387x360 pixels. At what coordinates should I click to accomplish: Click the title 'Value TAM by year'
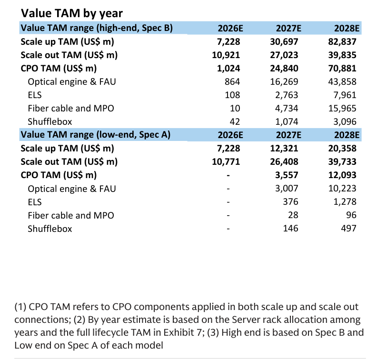click(71, 13)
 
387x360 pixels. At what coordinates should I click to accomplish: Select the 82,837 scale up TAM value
click(342, 42)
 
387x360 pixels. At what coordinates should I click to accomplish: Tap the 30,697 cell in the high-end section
click(284, 42)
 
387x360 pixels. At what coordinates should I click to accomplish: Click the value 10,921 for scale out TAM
click(226, 55)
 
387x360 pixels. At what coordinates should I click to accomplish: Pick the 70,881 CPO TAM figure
click(342, 69)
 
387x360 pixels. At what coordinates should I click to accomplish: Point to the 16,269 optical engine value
click(284, 82)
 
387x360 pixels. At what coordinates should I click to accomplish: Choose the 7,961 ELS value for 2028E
click(345, 95)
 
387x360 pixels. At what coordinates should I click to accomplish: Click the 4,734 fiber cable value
click(287, 109)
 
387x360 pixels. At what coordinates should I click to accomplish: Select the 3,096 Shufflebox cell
click(345, 122)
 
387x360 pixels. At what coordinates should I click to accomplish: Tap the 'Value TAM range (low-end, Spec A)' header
click(96, 135)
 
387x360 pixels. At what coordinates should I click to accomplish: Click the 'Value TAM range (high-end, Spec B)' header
click(97, 28)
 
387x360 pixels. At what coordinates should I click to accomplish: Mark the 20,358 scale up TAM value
click(342, 149)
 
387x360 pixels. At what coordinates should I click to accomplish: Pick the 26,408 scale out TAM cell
click(284, 162)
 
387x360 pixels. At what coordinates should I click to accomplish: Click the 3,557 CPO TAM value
click(287, 175)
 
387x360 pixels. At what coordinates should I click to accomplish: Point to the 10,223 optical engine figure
click(342, 189)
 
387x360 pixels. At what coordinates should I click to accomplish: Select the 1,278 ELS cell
click(345, 202)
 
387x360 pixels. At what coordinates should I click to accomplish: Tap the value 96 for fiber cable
click(351, 215)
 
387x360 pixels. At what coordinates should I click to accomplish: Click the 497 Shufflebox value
click(348, 229)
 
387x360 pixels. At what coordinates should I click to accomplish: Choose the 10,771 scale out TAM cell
click(226, 162)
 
